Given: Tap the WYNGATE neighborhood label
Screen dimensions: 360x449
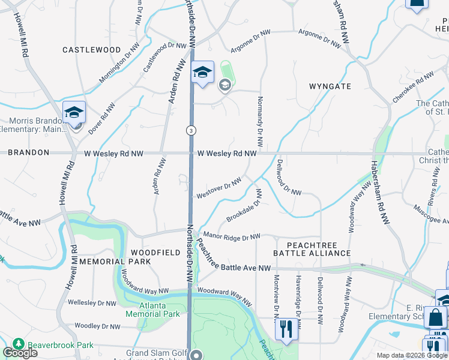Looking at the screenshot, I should pyautogui.click(x=330, y=86).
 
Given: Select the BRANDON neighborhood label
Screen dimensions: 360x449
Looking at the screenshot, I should pyautogui.click(x=29, y=153).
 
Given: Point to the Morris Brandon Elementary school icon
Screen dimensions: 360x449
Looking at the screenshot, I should pyautogui.click(x=74, y=113).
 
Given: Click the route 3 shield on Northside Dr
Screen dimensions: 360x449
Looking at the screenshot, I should pyautogui.click(x=190, y=130).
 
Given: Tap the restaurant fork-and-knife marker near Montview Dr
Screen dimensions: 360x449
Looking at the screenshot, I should pyautogui.click(x=286, y=329).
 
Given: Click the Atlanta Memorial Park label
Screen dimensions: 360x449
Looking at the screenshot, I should pyautogui.click(x=161, y=310).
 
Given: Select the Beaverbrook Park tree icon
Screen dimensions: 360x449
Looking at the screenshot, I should pyautogui.click(x=19, y=344).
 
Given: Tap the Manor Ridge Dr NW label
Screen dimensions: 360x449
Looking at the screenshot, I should pyautogui.click(x=232, y=236).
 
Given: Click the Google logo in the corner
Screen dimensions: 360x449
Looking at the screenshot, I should pyautogui.click(x=20, y=353).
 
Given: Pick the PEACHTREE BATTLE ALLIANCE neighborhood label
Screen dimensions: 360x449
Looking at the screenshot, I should pyautogui.click(x=312, y=250).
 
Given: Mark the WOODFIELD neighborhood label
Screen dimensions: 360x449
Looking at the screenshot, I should pyautogui.click(x=155, y=253).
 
